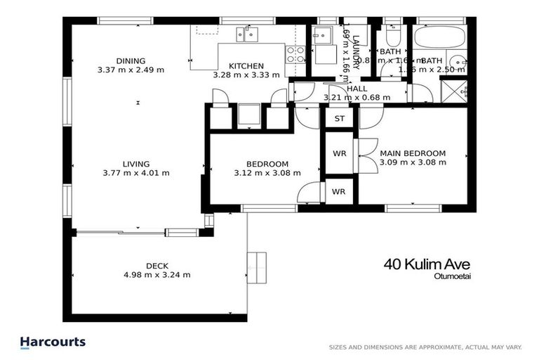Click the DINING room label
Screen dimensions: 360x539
131,60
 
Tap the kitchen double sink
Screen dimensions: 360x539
247,32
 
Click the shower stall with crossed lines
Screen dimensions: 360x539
453,90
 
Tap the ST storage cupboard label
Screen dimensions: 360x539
340,119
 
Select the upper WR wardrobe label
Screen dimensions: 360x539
339,153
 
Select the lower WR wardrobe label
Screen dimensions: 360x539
339,191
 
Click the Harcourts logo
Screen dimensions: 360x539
52,342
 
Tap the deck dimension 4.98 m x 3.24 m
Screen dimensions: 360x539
157,275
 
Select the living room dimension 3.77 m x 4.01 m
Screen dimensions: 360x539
136,173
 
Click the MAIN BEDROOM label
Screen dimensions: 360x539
413,153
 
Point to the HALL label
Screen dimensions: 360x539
357,89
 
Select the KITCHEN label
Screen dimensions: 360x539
246,65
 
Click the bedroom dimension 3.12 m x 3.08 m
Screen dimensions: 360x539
267,173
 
